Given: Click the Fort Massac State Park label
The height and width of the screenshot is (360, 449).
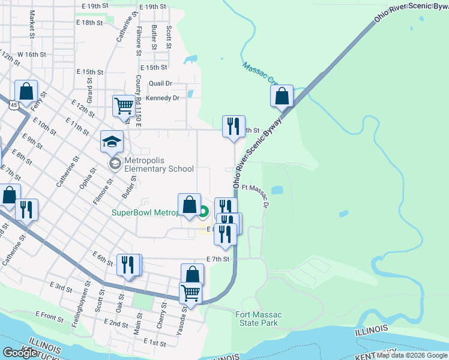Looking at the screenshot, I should pos(257,319).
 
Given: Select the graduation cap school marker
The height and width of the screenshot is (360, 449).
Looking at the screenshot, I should pos(112,143).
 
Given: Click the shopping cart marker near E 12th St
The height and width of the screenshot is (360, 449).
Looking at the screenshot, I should pos(124,106).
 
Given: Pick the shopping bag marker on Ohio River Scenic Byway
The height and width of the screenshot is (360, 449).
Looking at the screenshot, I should pos(282,96).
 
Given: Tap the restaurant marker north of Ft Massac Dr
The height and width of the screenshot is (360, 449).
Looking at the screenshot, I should pos(234,127).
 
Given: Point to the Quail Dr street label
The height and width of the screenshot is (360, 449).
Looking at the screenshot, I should pos(160,83).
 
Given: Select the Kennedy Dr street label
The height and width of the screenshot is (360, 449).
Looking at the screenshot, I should pos(163,98).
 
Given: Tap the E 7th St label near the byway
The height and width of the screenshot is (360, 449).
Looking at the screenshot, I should pos(218,259).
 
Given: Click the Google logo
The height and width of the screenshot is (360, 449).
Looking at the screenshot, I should pos(20,353).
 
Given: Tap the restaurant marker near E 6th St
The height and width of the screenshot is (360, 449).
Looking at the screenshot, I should pos(128,265).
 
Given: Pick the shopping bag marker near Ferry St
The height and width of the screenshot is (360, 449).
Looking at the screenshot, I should pos(26,92).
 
